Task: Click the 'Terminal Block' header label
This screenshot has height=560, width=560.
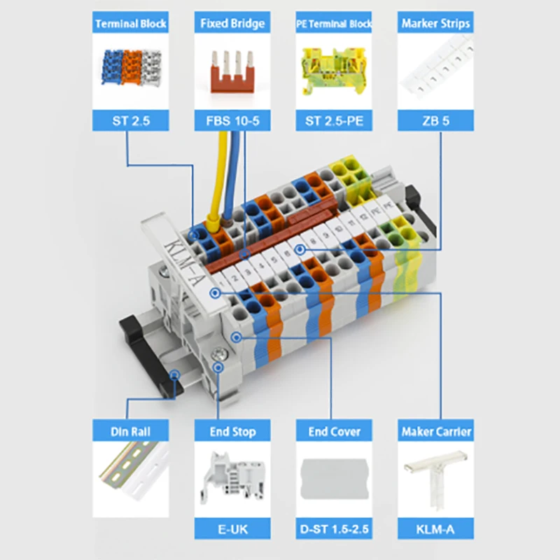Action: [130, 24]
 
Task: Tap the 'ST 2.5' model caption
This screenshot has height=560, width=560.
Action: [131, 120]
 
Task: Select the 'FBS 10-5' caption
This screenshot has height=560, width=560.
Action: [232, 120]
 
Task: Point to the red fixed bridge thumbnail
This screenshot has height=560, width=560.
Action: [232, 72]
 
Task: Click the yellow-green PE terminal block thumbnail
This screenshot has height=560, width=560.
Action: [334, 71]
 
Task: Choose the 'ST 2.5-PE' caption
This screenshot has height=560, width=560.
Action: [334, 120]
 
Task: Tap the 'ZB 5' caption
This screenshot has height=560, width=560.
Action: [435, 120]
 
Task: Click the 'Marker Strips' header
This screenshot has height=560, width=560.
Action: [435, 24]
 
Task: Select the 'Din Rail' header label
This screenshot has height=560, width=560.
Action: [130, 431]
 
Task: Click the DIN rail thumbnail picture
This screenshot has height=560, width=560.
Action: [133, 470]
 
